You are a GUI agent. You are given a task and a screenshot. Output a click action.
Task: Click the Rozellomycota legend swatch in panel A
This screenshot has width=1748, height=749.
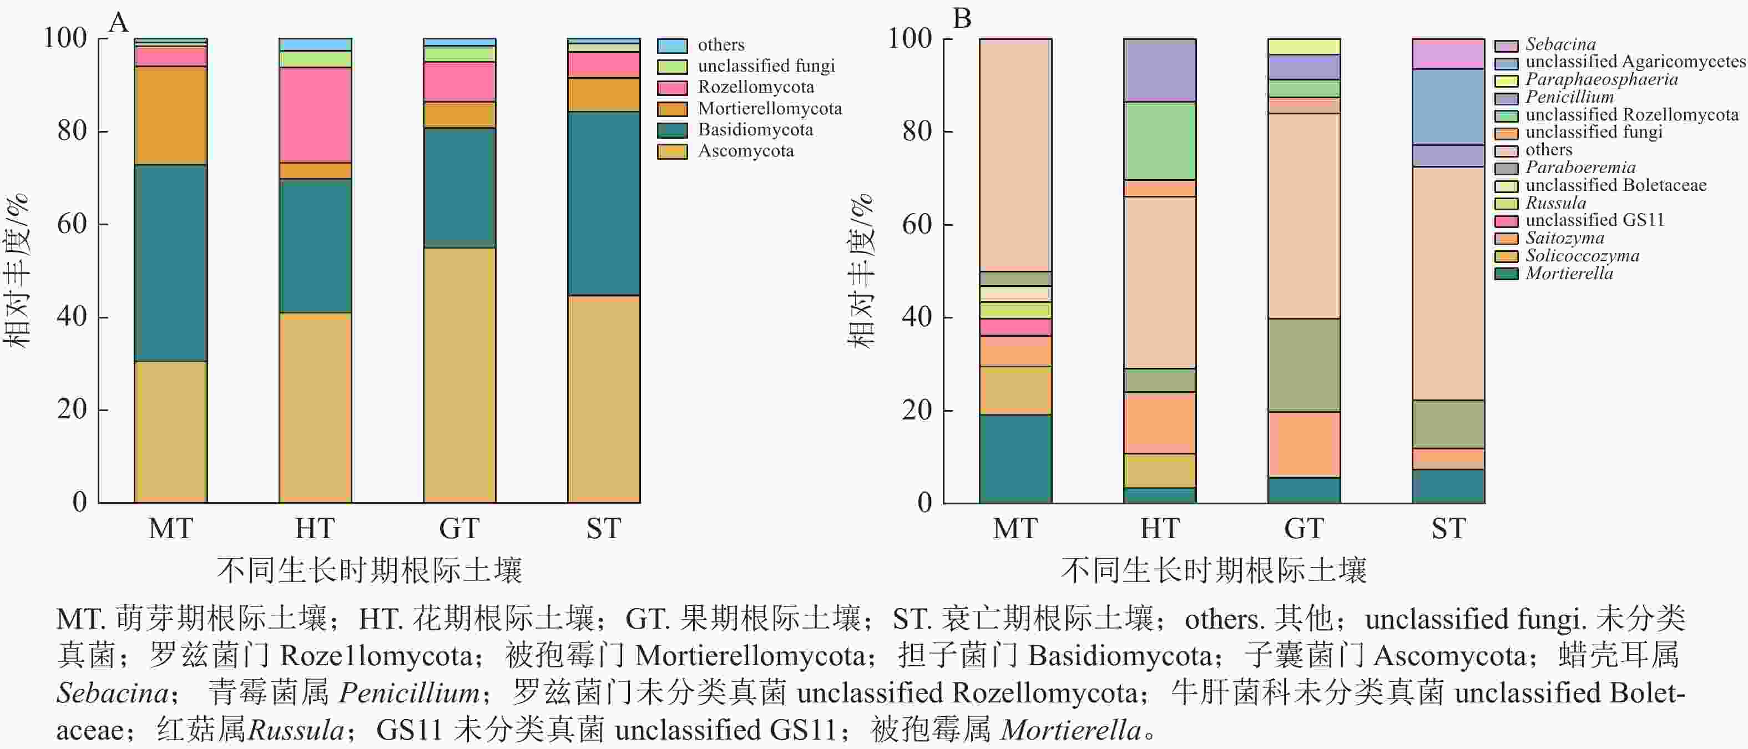point(672,88)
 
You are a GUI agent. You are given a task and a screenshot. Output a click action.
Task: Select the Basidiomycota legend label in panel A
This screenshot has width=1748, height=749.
point(755,130)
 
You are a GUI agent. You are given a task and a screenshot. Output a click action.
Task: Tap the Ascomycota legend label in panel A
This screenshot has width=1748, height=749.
point(746,150)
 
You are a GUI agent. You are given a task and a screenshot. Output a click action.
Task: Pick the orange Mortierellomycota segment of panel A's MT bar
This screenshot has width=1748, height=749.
point(170,115)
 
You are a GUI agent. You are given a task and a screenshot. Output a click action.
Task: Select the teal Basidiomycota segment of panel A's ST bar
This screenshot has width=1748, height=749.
point(603,204)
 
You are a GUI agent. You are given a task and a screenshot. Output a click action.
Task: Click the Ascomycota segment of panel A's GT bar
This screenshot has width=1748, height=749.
point(459,374)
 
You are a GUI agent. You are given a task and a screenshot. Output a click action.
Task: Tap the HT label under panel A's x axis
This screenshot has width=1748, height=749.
point(315,529)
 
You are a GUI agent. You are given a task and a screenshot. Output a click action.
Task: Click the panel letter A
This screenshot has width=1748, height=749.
point(118,23)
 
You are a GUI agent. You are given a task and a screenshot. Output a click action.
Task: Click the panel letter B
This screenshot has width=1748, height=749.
point(962,19)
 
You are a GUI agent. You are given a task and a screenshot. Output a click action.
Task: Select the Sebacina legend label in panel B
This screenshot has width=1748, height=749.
point(1560,44)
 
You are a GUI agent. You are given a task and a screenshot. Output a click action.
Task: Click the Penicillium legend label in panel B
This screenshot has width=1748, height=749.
point(1569,97)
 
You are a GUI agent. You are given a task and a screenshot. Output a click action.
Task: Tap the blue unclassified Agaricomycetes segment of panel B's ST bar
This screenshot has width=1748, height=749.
point(1448,107)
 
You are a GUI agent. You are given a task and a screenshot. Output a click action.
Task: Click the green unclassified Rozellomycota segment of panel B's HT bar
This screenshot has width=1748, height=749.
point(1159,140)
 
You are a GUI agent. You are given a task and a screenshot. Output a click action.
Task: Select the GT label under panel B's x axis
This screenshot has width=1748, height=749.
point(1304,529)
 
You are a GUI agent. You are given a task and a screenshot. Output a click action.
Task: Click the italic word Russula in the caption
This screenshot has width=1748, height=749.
point(296,731)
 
